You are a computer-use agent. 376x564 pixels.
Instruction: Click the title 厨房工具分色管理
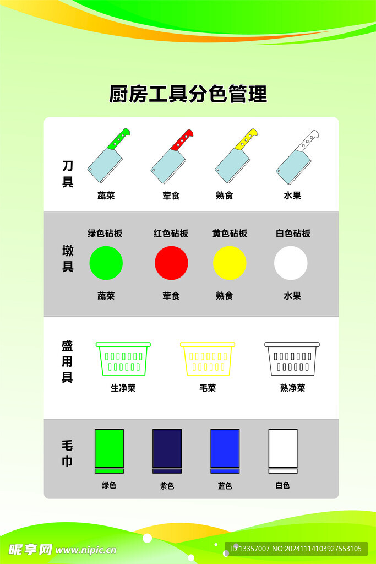tap(188, 94)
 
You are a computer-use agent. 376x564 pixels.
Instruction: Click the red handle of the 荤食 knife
tap(182, 140)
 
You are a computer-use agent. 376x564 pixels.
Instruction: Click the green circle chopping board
tap(106, 263)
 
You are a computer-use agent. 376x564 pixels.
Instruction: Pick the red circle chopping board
tap(171, 263)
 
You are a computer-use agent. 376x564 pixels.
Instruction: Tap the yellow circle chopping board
tap(230, 263)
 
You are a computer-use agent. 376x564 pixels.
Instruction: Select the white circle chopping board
tap(291, 263)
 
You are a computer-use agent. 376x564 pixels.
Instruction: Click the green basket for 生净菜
tap(123, 359)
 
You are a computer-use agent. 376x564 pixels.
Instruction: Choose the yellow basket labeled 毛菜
tap(208, 359)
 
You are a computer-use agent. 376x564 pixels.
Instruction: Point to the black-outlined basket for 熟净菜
tap(292, 359)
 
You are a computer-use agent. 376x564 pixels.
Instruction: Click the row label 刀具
tap(68, 173)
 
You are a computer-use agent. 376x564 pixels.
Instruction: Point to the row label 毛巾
tap(67, 453)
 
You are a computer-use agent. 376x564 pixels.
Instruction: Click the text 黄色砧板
tap(230, 234)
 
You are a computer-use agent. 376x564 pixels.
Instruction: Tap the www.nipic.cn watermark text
tap(85, 550)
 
